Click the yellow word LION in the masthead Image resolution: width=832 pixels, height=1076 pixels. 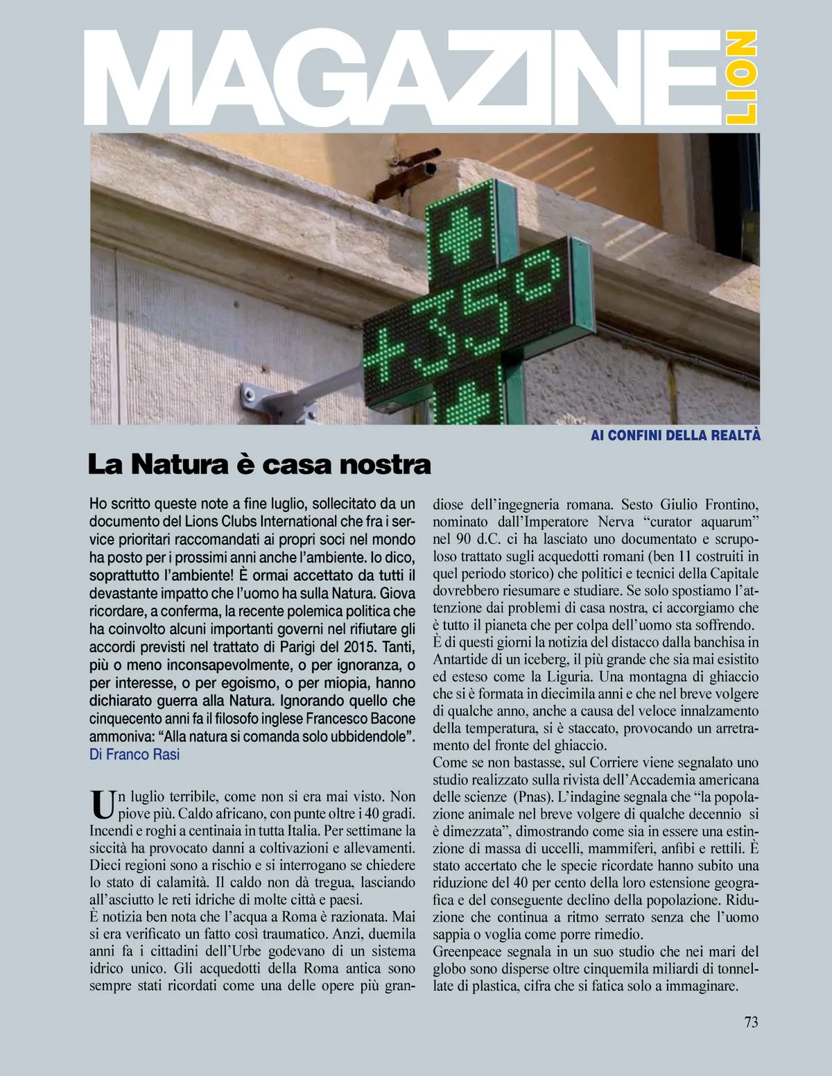[x=741, y=77]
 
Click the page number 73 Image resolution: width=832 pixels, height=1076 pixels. [x=751, y=1022]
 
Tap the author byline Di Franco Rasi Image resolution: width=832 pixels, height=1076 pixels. [x=135, y=754]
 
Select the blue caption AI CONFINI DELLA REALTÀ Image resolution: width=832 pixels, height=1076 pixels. [x=675, y=435]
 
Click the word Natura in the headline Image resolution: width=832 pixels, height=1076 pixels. [x=180, y=464]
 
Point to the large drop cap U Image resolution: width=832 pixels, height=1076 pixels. [x=103, y=804]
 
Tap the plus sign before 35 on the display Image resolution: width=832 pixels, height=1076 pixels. [x=383, y=352]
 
